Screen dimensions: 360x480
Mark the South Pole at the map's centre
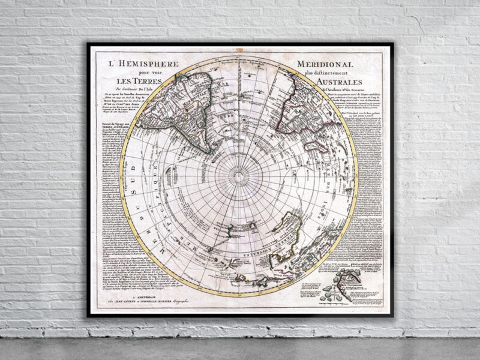click(239, 176)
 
